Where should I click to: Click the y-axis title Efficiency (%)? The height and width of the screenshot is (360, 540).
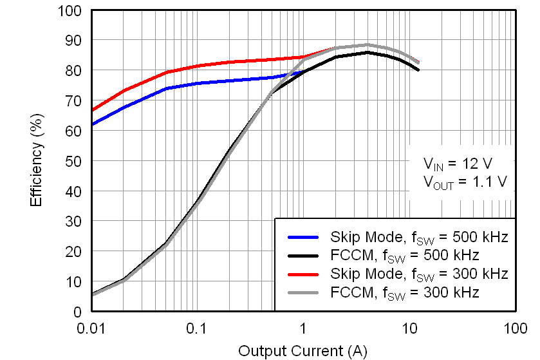tap(37, 161)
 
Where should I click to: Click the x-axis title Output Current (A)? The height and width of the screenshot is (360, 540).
tap(302, 351)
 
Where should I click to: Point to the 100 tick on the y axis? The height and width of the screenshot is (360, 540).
tap(72, 10)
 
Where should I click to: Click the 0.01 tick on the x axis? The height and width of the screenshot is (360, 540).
tap(91, 328)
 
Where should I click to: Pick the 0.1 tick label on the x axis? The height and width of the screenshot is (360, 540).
tap(196, 328)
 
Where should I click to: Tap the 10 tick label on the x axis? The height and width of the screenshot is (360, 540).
tap(409, 328)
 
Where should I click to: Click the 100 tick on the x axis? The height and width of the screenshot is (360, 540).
tap(514, 328)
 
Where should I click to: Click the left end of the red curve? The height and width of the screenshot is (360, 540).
tap(92, 111)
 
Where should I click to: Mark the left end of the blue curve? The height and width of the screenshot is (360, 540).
tap(92, 124)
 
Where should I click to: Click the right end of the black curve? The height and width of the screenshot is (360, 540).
tap(419, 70)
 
